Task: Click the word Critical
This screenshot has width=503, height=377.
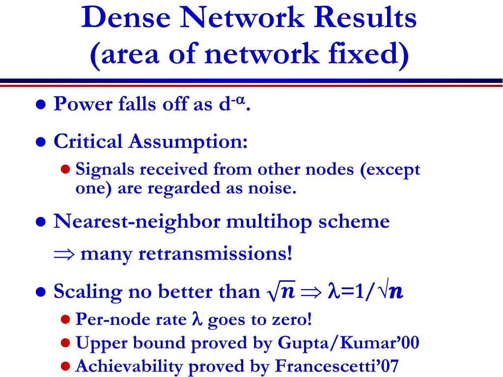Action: coord(88,142)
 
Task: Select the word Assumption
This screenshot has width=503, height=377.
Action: coord(188,142)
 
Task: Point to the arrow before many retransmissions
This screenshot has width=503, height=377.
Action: coord(63,254)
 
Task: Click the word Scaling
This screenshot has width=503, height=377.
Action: coord(87,292)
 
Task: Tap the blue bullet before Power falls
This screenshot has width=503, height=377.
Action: coord(42,105)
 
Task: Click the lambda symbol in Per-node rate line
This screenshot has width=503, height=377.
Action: coord(196,320)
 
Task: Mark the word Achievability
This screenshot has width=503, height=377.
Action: coord(130,366)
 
